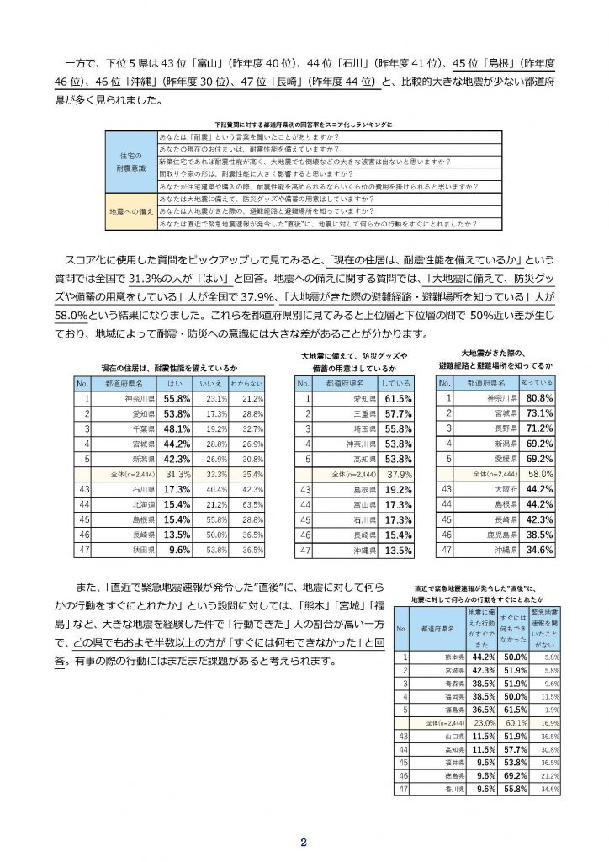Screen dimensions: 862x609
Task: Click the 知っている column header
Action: [538, 382]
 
